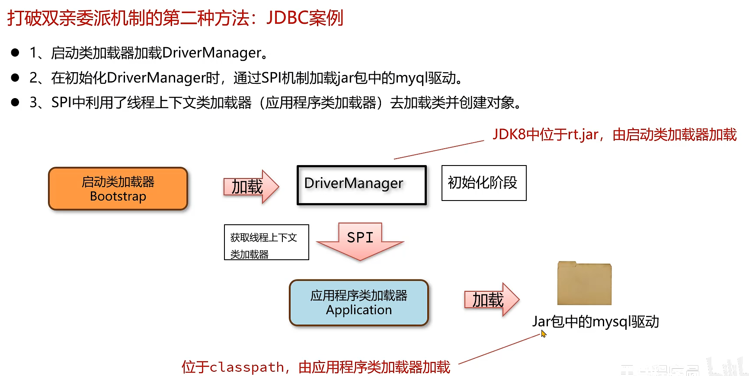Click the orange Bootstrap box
(118, 189)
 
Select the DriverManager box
(362, 185)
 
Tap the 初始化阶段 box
(483, 183)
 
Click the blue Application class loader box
(358, 303)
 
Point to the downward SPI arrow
(360, 241)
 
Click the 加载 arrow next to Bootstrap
(250, 187)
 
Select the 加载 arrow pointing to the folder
(491, 300)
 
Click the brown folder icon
(584, 284)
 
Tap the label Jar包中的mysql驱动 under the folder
(595, 322)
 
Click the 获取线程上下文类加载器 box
(266, 242)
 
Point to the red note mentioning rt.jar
(614, 135)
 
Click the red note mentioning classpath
(316, 367)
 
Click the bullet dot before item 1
(15, 53)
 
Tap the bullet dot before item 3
(15, 102)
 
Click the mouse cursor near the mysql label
(544, 334)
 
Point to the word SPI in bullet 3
(61, 102)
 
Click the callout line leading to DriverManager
(439, 150)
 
